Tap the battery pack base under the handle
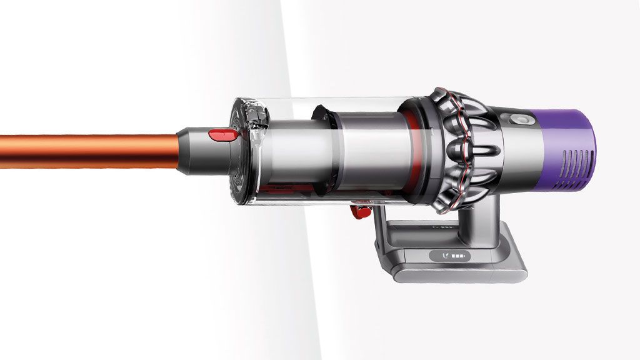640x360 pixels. [450, 262]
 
